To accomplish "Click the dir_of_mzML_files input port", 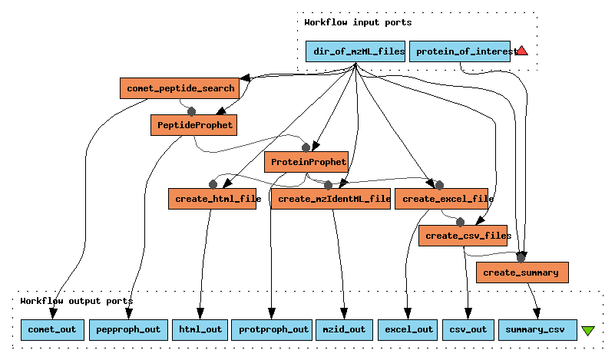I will [x=355, y=51].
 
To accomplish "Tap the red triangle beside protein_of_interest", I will [x=522, y=51].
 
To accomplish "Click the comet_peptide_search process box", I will [x=180, y=88].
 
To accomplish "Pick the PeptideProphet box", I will [x=193, y=124].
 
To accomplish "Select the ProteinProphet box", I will [x=306, y=162].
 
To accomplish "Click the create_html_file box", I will [x=212, y=199].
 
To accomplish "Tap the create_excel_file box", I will [x=442, y=199].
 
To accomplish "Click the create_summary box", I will [x=522, y=272].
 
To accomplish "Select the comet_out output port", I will [x=52, y=329].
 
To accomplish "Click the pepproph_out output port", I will [x=127, y=329].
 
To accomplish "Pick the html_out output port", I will [x=200, y=329].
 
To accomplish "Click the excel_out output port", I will [x=408, y=329].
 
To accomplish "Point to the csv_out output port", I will [x=468, y=329].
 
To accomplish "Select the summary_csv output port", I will [x=537, y=329].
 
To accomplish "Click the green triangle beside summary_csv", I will [x=588, y=331].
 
